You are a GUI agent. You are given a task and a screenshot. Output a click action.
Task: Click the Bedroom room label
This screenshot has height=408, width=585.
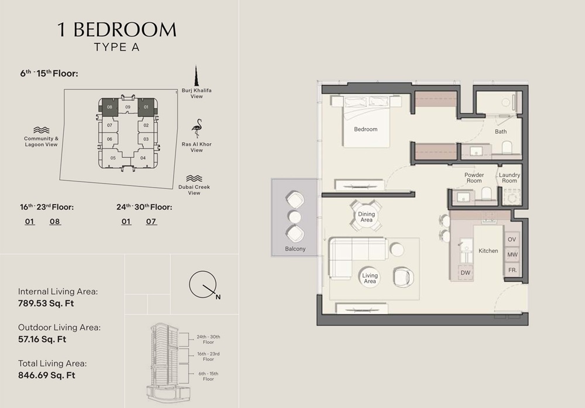[x=366, y=129]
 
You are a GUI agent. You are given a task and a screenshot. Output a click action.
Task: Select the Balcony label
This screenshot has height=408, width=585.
[x=295, y=249]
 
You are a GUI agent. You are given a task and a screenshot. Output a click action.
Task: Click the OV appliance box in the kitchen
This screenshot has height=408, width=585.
[x=512, y=240]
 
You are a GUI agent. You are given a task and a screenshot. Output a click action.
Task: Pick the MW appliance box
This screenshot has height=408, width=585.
[x=512, y=255]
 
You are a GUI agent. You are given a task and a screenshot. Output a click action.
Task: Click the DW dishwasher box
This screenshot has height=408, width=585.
[x=466, y=272]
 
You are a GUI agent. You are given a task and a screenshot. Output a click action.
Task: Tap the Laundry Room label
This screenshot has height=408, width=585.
[x=510, y=178]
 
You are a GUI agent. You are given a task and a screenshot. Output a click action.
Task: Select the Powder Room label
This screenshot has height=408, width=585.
[x=474, y=178]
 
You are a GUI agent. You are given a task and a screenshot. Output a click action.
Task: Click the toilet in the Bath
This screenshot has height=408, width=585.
[x=507, y=147]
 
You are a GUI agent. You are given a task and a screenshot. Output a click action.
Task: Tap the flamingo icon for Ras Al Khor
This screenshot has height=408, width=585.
[x=197, y=129]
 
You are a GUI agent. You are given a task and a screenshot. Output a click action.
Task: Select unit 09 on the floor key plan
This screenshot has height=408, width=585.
[x=128, y=107]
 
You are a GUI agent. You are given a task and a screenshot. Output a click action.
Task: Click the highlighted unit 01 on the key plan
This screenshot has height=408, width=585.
[x=146, y=107]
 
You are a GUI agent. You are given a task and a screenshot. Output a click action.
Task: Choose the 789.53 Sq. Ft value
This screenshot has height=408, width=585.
[x=46, y=303]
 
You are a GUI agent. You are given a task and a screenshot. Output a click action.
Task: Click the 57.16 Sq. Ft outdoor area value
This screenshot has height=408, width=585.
[x=42, y=339]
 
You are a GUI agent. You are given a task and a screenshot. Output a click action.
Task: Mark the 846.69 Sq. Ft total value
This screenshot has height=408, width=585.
[x=47, y=375]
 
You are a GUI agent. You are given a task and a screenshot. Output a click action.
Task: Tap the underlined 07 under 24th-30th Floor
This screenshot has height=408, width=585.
[x=151, y=222]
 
